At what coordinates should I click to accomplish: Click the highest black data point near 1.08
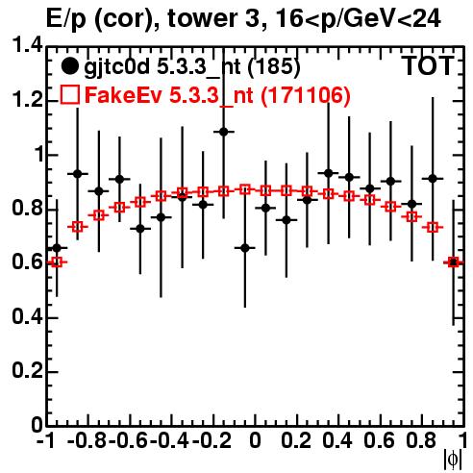224,132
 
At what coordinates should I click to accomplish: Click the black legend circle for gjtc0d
69,66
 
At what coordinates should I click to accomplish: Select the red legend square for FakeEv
69,94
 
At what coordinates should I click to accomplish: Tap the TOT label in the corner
429,66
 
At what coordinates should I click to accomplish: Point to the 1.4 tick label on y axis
27,45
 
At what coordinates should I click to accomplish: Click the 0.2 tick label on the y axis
27,370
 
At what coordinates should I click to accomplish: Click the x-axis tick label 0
255,440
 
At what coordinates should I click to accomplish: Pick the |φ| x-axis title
453,461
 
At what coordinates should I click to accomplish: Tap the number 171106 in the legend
306,95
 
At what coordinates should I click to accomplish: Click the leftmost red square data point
57,261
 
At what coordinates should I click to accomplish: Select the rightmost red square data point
453,261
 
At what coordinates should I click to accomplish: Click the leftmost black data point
57,248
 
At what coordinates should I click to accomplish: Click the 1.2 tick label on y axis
27,100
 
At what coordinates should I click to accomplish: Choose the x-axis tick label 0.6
379,440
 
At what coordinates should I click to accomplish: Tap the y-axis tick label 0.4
27,316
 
